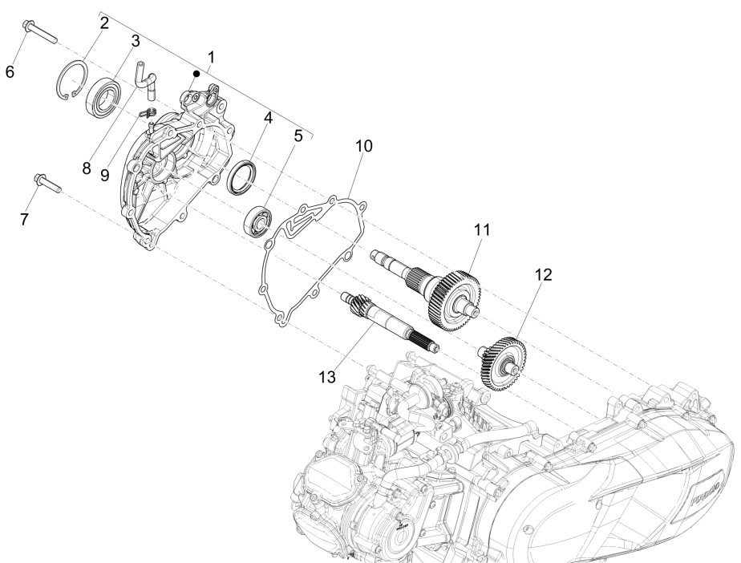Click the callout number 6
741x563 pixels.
click(x=10, y=71)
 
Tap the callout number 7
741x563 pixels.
click(x=25, y=219)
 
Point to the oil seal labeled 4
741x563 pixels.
click(x=242, y=176)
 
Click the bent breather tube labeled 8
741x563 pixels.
click(x=144, y=80)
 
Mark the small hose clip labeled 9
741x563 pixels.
click(x=148, y=114)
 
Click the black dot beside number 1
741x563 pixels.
click(x=195, y=73)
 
